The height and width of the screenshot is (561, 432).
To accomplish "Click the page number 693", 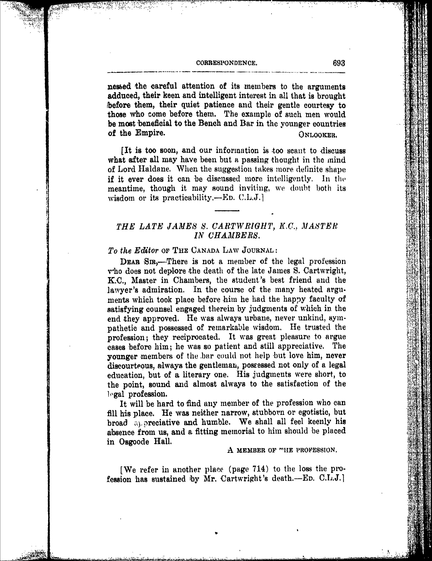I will [339, 63].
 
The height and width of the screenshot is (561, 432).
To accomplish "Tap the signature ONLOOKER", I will [318, 135].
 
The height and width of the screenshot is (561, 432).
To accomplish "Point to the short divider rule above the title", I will [227, 211].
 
